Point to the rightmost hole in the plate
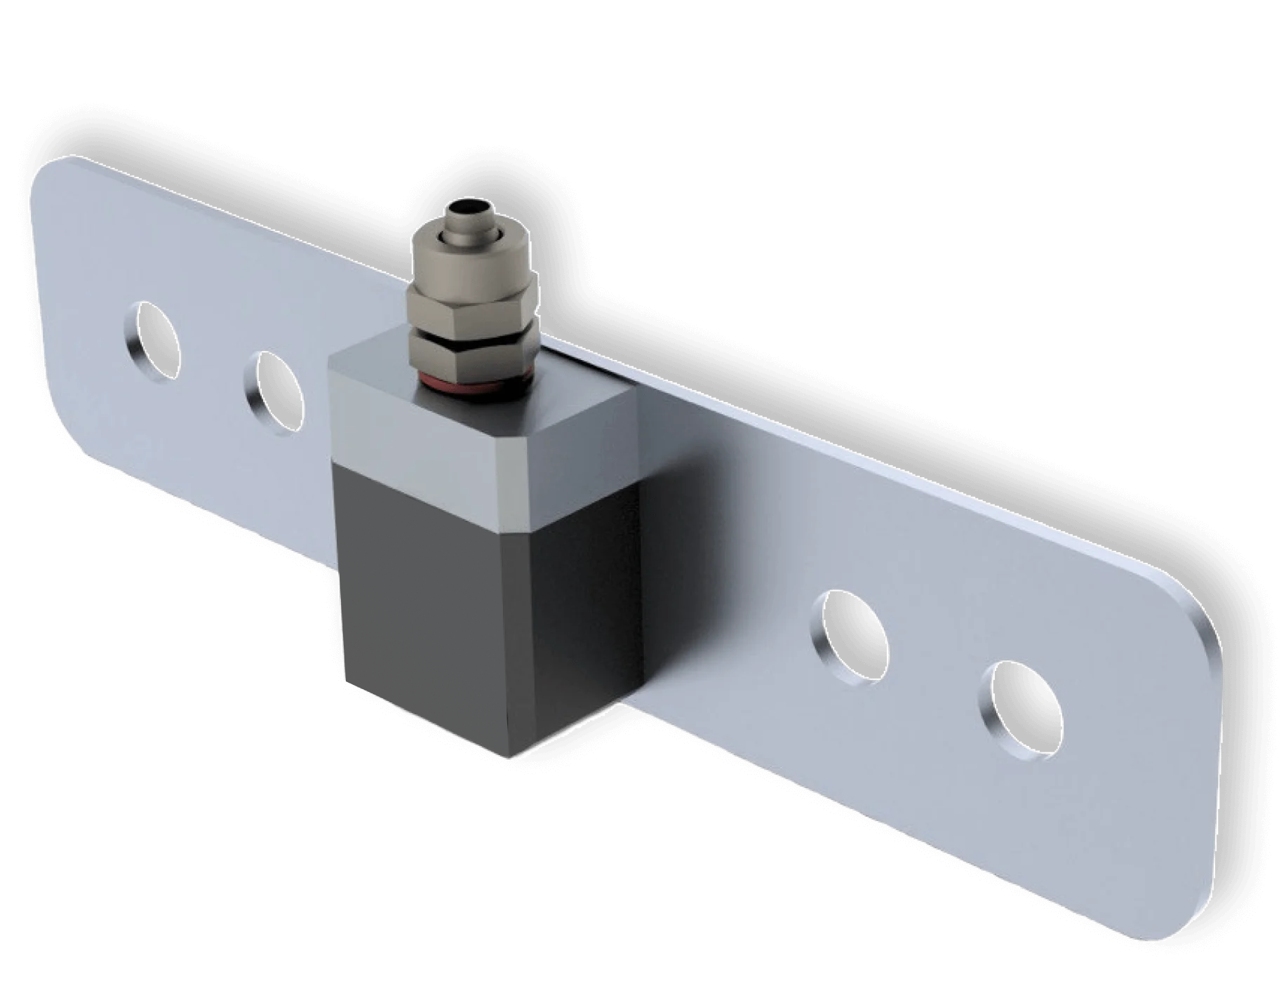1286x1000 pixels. coord(1021,710)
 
